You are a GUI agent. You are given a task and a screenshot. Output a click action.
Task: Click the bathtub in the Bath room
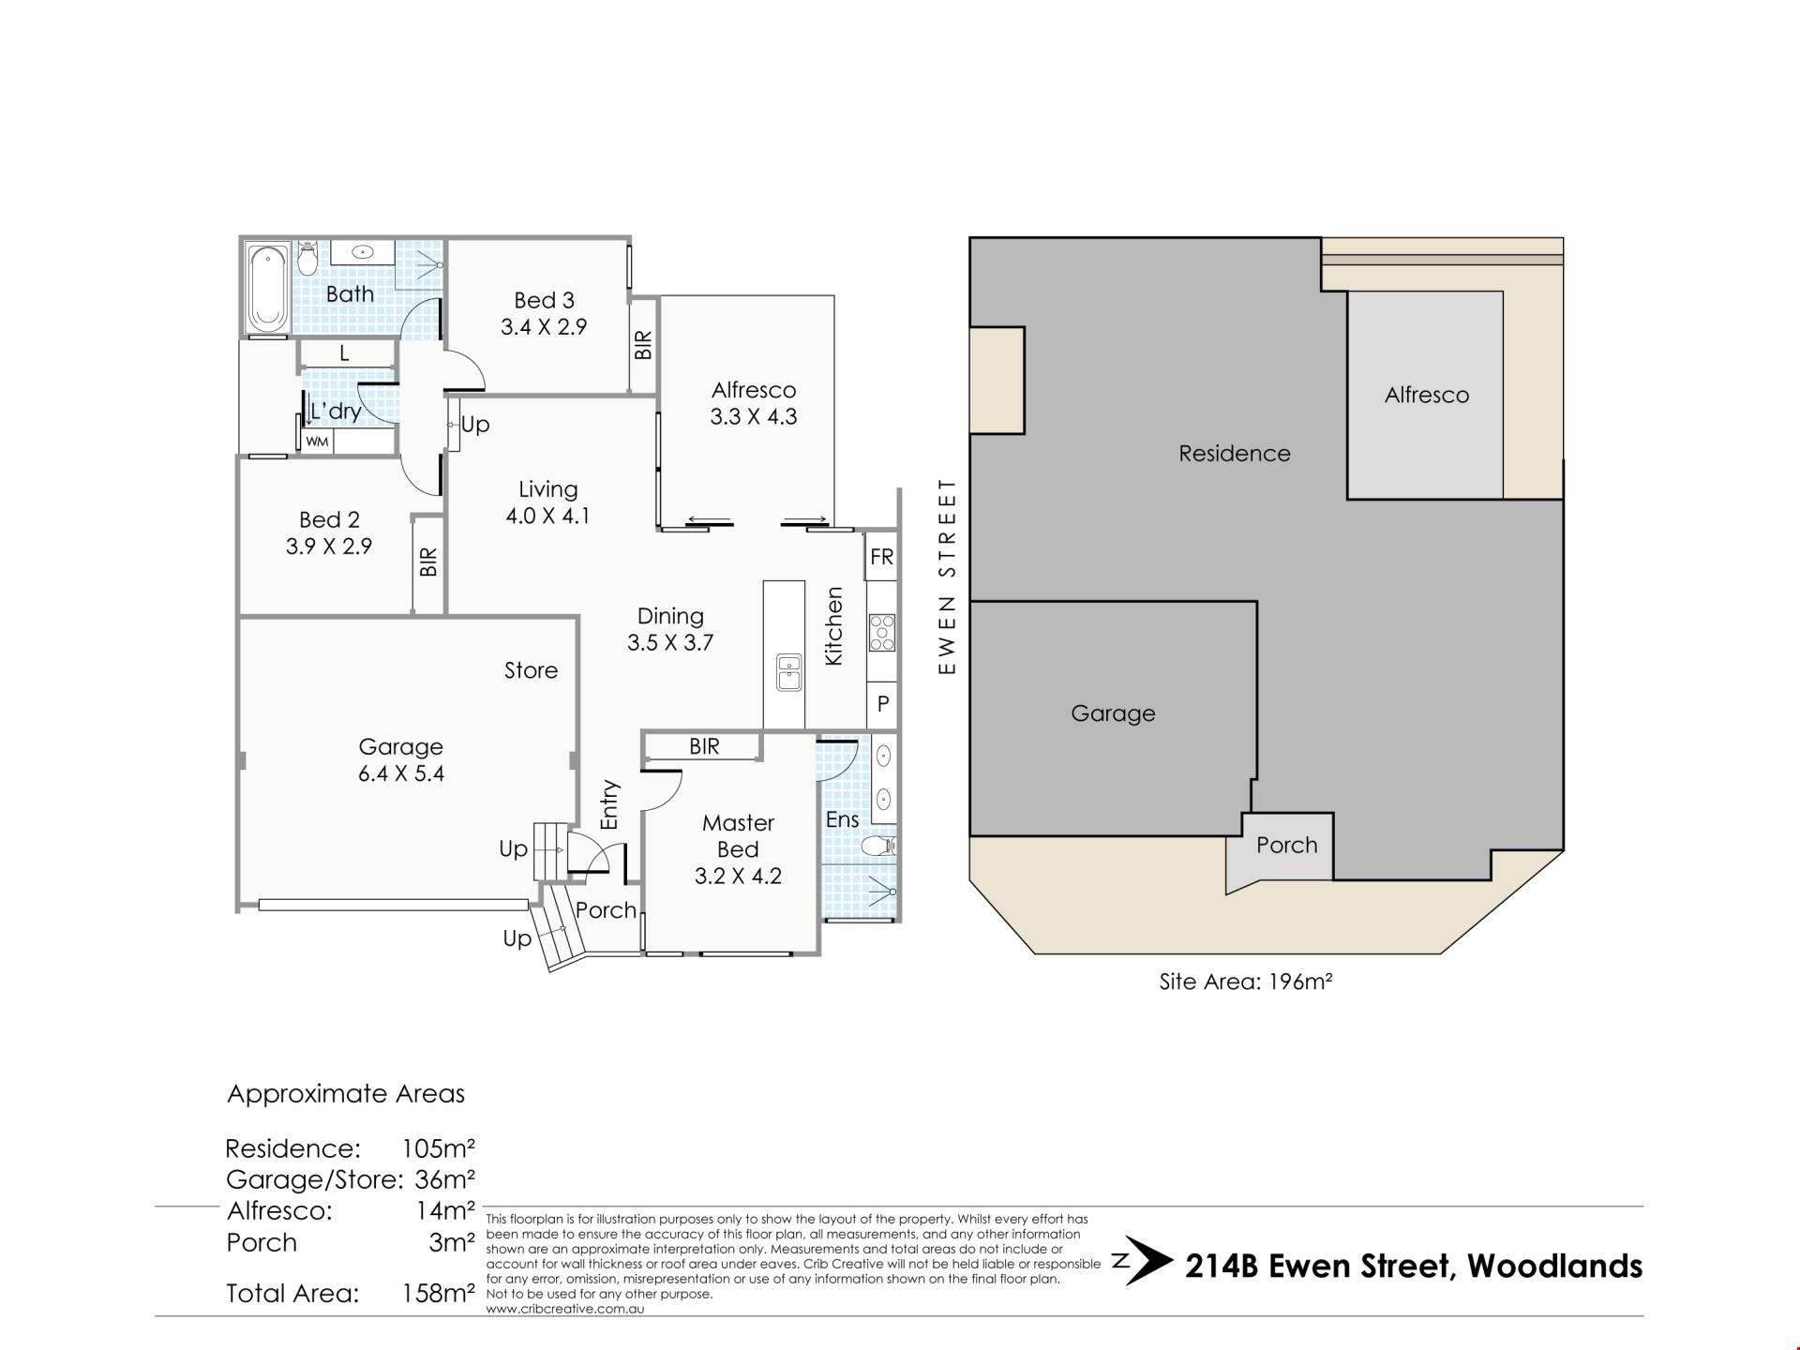(268, 287)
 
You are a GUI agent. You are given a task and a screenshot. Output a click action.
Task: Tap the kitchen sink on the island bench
(787, 671)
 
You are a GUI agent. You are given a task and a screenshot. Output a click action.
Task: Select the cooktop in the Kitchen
(881, 632)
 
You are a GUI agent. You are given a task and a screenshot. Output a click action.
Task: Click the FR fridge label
(882, 557)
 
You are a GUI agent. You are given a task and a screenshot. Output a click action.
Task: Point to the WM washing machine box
(317, 441)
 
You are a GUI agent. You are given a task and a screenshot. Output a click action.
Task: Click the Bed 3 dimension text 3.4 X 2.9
(544, 327)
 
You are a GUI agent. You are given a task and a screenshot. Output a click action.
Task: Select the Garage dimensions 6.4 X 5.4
(400, 773)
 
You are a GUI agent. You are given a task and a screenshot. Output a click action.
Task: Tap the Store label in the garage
(531, 670)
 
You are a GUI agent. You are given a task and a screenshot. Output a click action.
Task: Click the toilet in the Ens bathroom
(878, 847)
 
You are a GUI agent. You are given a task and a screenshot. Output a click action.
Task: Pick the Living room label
(547, 489)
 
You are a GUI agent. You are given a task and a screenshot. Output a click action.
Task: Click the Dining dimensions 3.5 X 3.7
(670, 642)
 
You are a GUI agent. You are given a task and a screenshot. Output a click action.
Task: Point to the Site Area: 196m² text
(1246, 982)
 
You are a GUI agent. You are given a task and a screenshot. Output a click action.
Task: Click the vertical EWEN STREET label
(948, 576)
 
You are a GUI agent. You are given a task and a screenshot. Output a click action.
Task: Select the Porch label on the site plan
(1286, 845)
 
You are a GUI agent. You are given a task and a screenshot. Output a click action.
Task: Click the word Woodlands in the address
(1554, 1266)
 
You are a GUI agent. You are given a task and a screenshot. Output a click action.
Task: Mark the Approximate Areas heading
(346, 1094)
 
